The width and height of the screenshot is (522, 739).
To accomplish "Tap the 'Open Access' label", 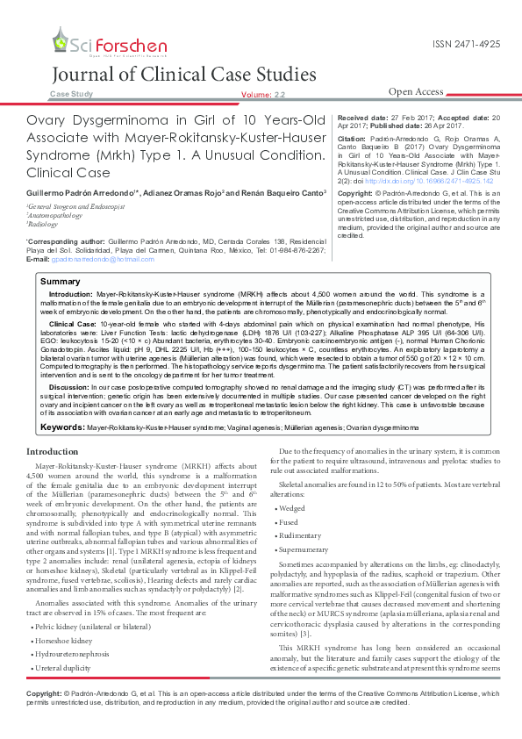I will point(416,91).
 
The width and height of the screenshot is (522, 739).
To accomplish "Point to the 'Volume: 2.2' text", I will point(262,94).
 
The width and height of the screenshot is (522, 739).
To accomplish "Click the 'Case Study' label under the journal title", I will point(71,93).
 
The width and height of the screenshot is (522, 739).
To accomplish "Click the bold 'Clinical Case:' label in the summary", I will point(73,324).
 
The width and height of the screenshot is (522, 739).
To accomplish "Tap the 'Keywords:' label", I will point(62,427).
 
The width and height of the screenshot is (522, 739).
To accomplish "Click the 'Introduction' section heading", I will point(53,451).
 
